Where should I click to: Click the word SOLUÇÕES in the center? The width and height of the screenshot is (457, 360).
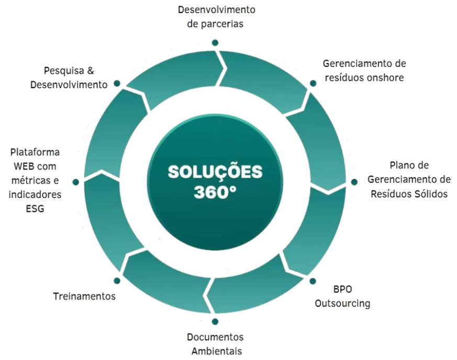[x=215, y=172]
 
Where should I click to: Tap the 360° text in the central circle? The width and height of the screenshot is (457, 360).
[x=215, y=192]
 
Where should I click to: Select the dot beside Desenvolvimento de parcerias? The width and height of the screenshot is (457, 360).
[x=215, y=42]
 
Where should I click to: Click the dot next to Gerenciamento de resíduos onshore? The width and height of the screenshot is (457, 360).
[x=314, y=83]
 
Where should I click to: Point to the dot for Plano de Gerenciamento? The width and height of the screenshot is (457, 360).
[x=354, y=182]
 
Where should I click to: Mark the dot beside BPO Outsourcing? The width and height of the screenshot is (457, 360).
[x=313, y=281]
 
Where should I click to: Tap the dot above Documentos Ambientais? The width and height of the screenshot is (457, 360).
[x=215, y=321]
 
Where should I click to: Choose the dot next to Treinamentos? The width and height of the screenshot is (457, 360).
[x=116, y=281]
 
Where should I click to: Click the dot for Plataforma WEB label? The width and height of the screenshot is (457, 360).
[x=76, y=182]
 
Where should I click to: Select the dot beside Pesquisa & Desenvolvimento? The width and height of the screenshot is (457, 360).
[x=117, y=83]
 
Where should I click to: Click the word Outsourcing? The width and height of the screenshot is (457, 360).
[x=342, y=303]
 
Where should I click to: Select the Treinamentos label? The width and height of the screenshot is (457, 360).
[x=84, y=297]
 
